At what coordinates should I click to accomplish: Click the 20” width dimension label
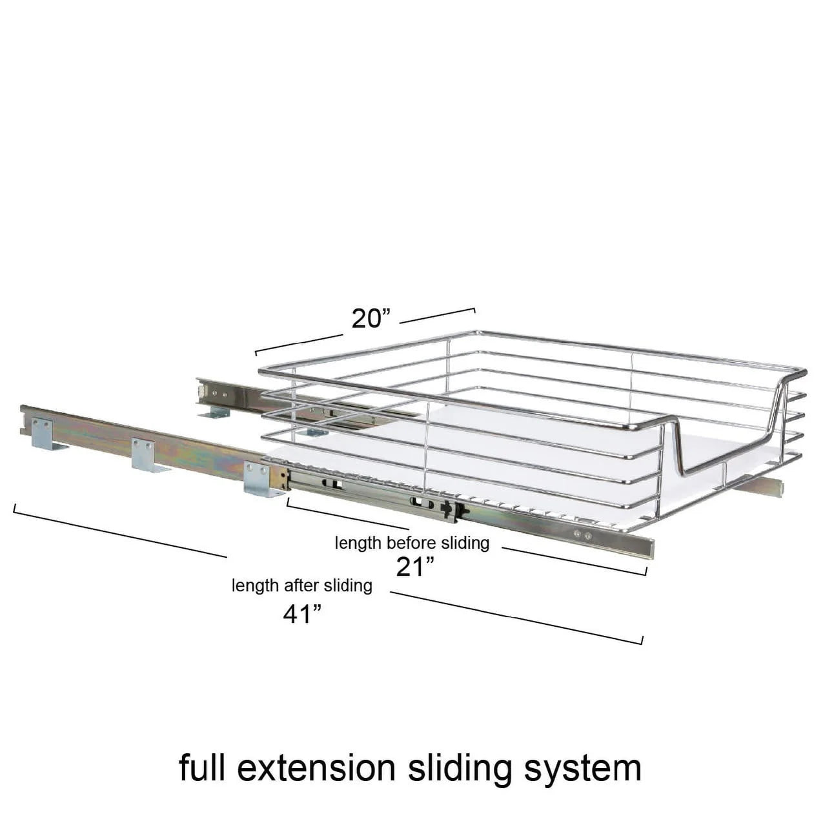click(x=371, y=319)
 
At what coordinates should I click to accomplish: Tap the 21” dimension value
click(x=415, y=567)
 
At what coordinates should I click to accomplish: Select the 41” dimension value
click(x=302, y=615)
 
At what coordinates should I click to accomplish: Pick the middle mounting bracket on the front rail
click(x=148, y=455)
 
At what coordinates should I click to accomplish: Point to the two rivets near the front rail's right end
click(x=582, y=534)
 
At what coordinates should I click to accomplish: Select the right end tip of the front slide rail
click(x=653, y=550)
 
